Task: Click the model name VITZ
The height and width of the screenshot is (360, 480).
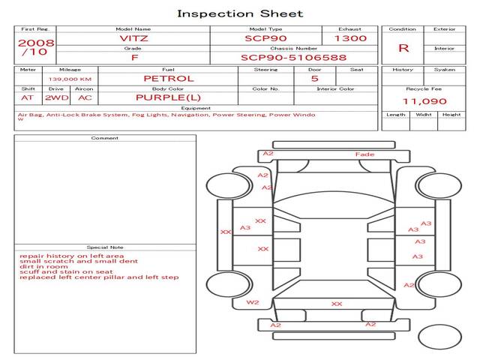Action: (x=133, y=38)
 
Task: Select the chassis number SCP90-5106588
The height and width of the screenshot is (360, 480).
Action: (x=293, y=58)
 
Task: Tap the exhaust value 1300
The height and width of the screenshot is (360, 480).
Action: (x=350, y=38)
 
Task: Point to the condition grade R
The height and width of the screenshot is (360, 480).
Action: (x=403, y=48)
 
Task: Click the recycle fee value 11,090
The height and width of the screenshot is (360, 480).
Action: (x=424, y=101)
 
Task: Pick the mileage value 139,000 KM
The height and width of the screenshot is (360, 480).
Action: (x=70, y=79)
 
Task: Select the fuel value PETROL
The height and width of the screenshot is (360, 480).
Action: (x=169, y=79)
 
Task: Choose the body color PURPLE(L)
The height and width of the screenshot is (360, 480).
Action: (x=168, y=97)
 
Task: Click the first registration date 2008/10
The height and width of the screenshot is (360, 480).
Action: (x=36, y=47)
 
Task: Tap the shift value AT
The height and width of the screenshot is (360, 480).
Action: (x=27, y=98)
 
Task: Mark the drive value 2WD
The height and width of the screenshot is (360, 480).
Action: (x=57, y=98)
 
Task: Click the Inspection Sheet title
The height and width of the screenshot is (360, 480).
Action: (x=240, y=13)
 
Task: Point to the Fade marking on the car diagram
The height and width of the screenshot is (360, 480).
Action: (x=364, y=154)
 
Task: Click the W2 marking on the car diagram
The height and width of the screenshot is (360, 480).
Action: (x=253, y=302)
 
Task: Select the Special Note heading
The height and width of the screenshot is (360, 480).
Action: (x=105, y=247)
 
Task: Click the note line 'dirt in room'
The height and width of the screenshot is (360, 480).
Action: (x=43, y=267)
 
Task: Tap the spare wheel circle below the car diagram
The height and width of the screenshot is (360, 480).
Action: (x=439, y=337)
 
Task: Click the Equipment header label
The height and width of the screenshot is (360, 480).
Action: (x=196, y=108)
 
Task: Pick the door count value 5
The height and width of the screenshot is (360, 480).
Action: (x=315, y=79)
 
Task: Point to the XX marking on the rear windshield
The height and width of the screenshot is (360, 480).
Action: (x=337, y=304)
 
